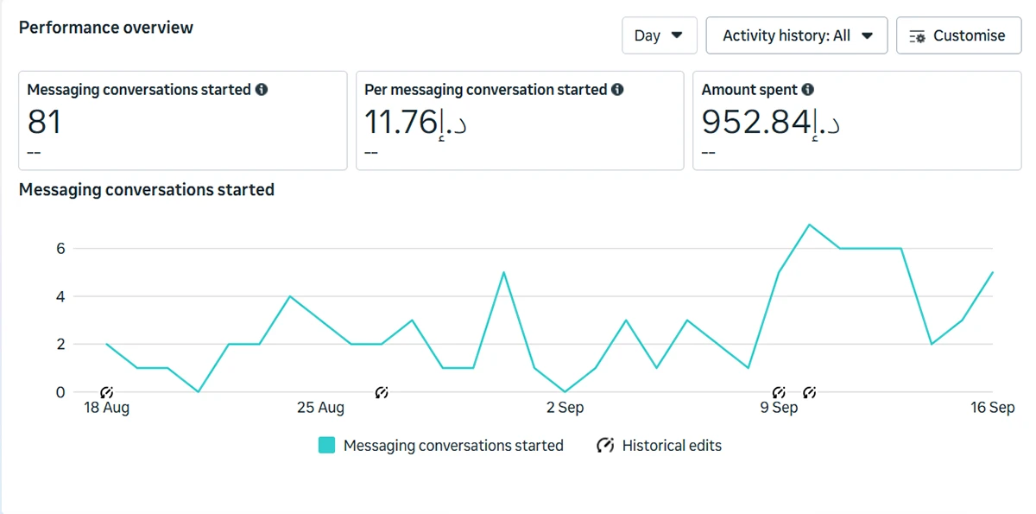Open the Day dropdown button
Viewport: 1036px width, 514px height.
click(x=659, y=35)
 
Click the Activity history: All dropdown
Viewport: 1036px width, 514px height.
click(x=797, y=35)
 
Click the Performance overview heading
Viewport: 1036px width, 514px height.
click(x=106, y=28)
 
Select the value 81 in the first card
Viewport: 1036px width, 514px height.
click(x=45, y=122)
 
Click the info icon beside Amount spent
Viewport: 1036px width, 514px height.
click(x=807, y=90)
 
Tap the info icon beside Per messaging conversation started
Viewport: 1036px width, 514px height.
click(x=616, y=90)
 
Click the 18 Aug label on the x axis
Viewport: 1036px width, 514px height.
click(x=106, y=408)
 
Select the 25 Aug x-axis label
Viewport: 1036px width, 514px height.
click(x=320, y=408)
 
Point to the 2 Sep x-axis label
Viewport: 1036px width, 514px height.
click(x=565, y=408)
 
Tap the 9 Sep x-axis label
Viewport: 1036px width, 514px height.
click(x=779, y=408)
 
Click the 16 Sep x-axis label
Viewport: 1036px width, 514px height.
click(x=993, y=408)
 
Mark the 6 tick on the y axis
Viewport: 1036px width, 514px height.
click(x=60, y=249)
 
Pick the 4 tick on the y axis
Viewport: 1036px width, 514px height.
click(x=60, y=296)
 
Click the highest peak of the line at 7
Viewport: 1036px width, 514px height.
click(x=809, y=225)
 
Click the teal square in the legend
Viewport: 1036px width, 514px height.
click(x=326, y=446)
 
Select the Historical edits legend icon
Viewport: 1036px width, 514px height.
click(x=606, y=446)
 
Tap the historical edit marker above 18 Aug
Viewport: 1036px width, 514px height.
click(x=107, y=393)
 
